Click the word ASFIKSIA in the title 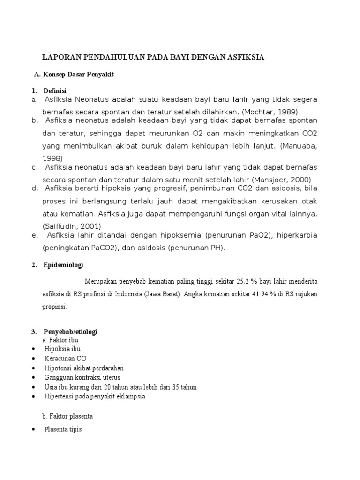click(245, 57)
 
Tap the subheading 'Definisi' click(55, 90)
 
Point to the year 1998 click(52, 158)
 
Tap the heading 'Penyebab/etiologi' click(70, 332)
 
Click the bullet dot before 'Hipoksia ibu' click(33, 349)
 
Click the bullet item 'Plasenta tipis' click(63, 429)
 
